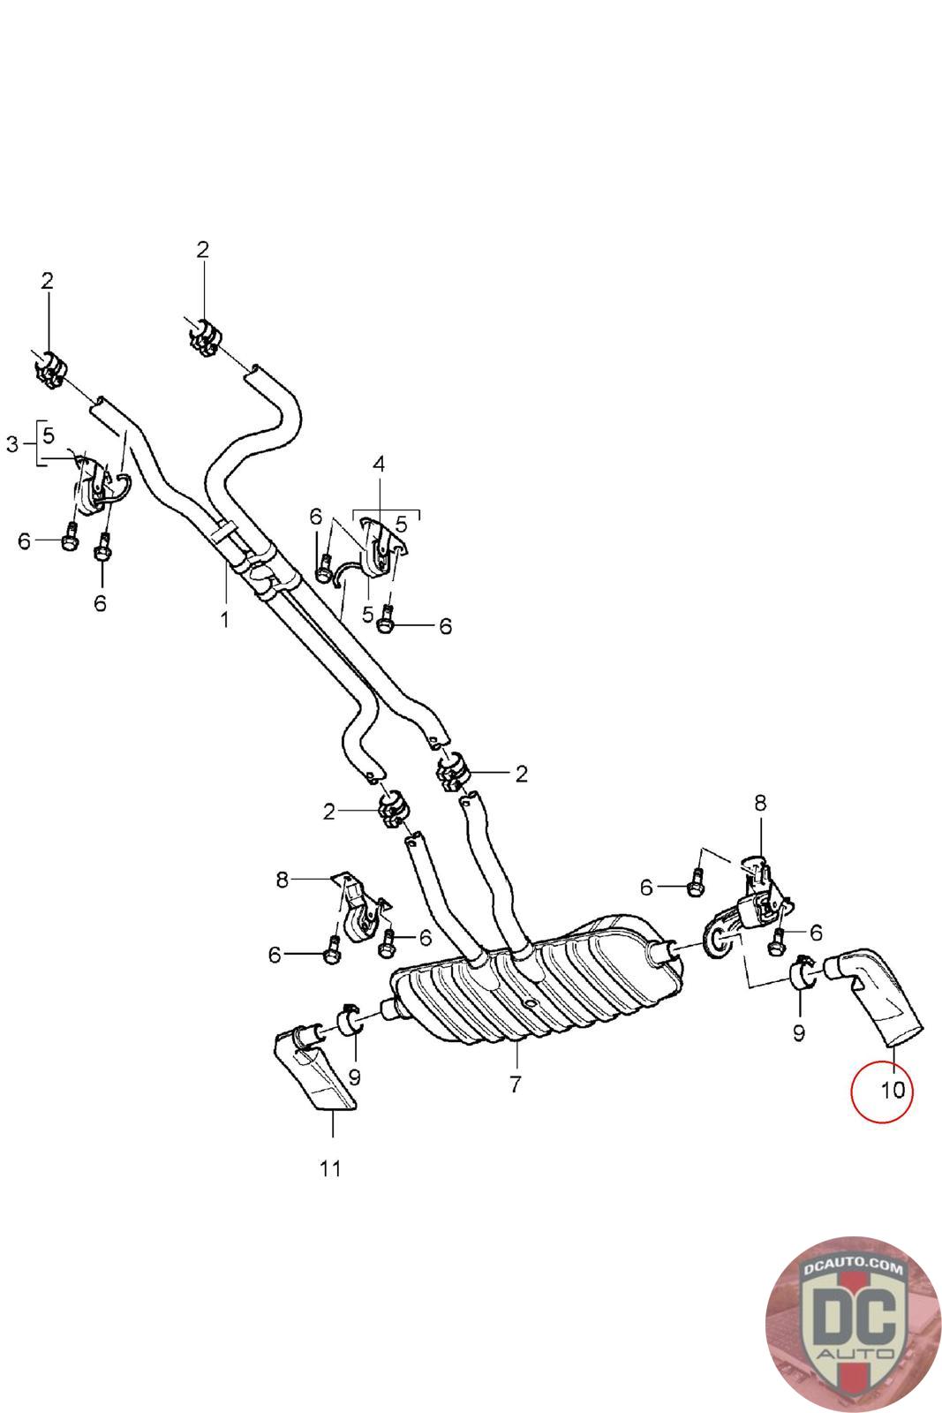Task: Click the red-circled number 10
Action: (x=893, y=1090)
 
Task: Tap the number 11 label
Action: (x=330, y=1167)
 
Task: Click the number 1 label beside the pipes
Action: (x=224, y=619)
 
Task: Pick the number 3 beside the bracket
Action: (x=12, y=444)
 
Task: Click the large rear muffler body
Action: (x=539, y=980)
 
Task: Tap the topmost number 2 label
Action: (x=203, y=250)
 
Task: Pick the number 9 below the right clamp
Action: (x=799, y=1031)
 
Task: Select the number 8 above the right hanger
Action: (x=760, y=803)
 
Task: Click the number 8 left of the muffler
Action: (x=282, y=880)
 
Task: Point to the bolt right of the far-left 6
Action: (x=69, y=540)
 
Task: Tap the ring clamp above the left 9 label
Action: (x=350, y=1021)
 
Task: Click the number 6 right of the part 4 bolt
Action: (x=445, y=626)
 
